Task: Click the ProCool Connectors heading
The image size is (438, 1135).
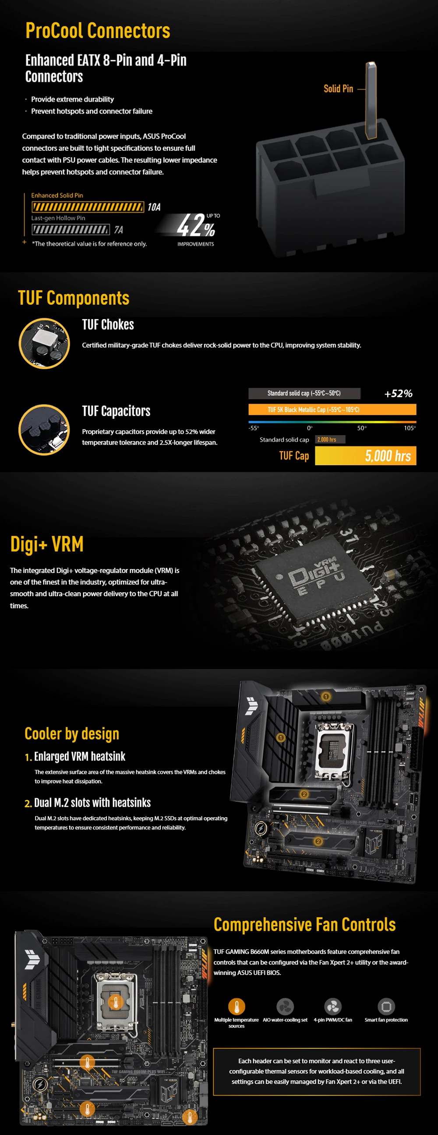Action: coord(98,31)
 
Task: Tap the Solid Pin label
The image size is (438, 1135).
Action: coord(338,89)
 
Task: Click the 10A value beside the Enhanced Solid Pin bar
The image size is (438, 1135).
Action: coord(154,207)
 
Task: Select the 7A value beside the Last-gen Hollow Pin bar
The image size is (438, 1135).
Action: coord(118,230)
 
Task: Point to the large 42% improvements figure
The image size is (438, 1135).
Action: coord(196,225)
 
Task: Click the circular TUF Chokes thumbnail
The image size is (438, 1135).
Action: coord(44,343)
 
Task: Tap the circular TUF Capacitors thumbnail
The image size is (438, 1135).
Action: coord(44,430)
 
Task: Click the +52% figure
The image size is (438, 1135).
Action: coord(398,394)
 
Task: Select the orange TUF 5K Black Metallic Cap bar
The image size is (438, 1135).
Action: coord(332,410)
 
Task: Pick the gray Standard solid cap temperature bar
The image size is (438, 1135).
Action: coord(304,393)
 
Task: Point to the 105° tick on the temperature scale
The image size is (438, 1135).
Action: coord(410,428)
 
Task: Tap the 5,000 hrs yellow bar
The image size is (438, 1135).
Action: coord(365,456)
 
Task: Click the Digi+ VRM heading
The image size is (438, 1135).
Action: coord(47,544)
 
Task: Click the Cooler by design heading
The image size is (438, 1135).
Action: coord(72,734)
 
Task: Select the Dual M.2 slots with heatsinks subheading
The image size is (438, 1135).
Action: coord(88,803)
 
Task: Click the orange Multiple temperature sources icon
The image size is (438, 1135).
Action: coord(237,1007)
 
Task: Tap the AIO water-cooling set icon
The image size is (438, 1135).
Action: coord(285,1007)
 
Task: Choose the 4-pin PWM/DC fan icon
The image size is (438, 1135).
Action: coord(333,1007)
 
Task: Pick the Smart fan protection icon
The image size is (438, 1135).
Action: coord(386,1007)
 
